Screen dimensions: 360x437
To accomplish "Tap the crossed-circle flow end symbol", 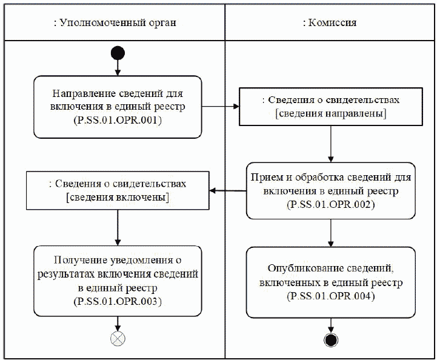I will tap(118, 338).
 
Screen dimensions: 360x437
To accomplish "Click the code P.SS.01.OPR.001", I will tap(118, 121).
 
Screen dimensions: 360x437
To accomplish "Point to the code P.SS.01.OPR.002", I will tap(330, 205).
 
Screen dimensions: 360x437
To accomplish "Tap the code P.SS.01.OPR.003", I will tap(118, 301).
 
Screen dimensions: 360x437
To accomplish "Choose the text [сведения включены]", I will tap(117, 198).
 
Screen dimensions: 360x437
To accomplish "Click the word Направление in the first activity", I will tap(82, 95).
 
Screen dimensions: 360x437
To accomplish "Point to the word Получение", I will tap(77, 261).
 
